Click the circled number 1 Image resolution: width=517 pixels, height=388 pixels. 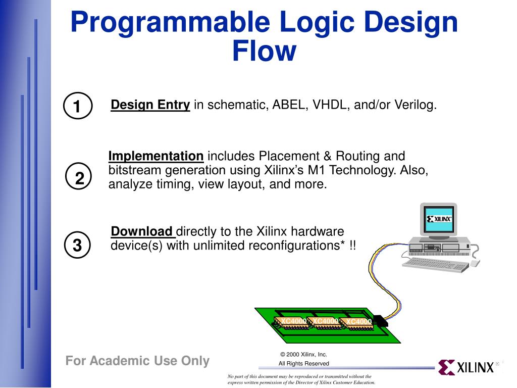point(77,106)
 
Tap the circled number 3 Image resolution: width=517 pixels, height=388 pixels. point(77,245)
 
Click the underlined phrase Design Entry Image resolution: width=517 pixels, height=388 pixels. point(150,105)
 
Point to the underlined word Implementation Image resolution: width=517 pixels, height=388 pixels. point(156,156)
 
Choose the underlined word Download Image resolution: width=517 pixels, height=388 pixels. point(142,232)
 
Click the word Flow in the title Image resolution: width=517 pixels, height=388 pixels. point(264,51)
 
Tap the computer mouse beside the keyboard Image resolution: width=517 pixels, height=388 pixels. point(475,263)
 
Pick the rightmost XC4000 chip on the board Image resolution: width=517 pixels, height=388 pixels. point(358,323)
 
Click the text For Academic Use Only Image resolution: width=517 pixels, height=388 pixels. point(137,361)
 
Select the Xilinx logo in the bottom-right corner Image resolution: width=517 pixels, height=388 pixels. point(467,367)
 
